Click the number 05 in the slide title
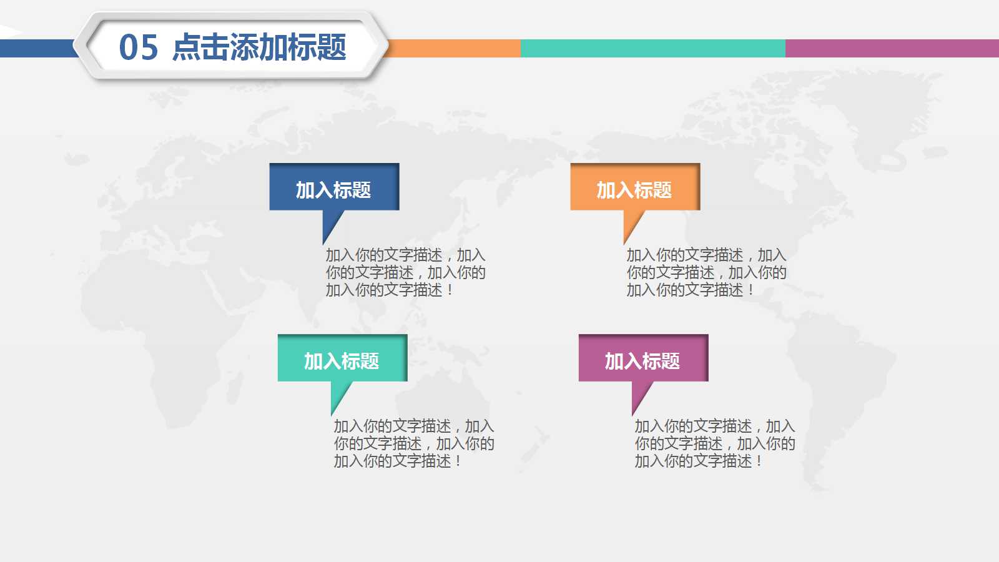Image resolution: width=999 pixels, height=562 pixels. (x=139, y=47)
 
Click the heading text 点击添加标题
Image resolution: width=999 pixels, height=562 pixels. (x=259, y=47)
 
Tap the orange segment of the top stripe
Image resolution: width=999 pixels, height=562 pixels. (x=453, y=48)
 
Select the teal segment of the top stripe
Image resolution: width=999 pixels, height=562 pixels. (x=653, y=48)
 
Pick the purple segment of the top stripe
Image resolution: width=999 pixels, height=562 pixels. (x=892, y=48)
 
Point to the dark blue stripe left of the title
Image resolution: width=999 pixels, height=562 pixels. (x=38, y=48)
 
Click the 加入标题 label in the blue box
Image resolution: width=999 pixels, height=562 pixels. (x=333, y=190)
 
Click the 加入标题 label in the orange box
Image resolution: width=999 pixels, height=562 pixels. (x=634, y=190)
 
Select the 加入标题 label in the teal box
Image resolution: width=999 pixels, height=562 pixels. (x=342, y=362)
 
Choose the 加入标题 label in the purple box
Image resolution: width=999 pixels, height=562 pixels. (x=642, y=362)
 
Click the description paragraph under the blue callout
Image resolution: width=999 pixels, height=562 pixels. (x=405, y=272)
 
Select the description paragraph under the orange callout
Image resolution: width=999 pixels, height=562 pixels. (x=706, y=272)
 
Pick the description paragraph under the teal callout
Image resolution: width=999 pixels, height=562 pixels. (x=414, y=444)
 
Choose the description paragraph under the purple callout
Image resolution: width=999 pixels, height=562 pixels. (x=715, y=444)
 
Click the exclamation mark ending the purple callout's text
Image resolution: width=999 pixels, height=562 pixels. (x=759, y=461)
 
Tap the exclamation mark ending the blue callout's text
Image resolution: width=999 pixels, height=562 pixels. (x=450, y=290)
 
